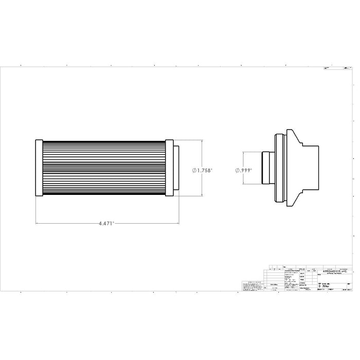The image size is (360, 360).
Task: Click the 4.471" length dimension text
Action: [107, 224]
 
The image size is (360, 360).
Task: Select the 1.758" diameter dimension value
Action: [204, 170]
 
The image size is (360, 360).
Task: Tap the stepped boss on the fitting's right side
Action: [311, 168]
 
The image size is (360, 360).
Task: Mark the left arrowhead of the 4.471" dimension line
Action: [37, 224]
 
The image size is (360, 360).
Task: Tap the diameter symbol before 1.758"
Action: [194, 170]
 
